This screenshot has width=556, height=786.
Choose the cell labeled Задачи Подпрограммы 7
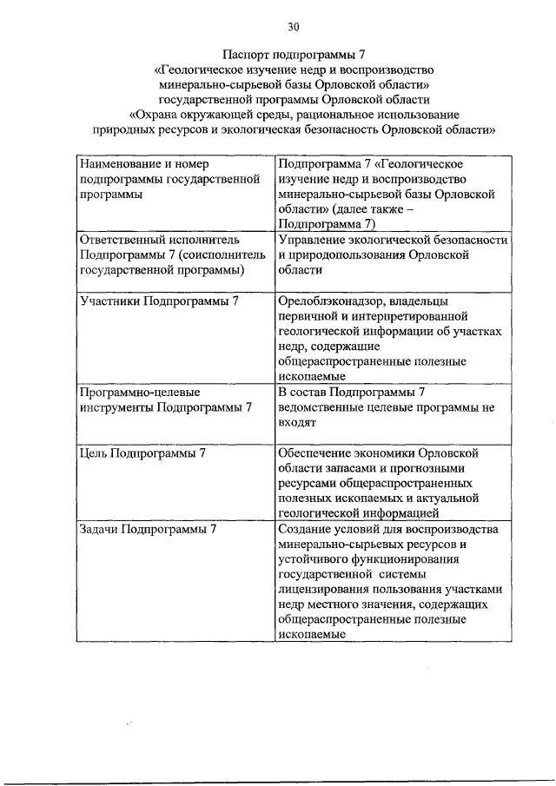(x=147, y=528)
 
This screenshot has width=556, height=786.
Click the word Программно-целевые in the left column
(x=133, y=392)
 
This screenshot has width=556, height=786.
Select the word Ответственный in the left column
(x=125, y=239)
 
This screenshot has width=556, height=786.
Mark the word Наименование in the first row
(x=120, y=163)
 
